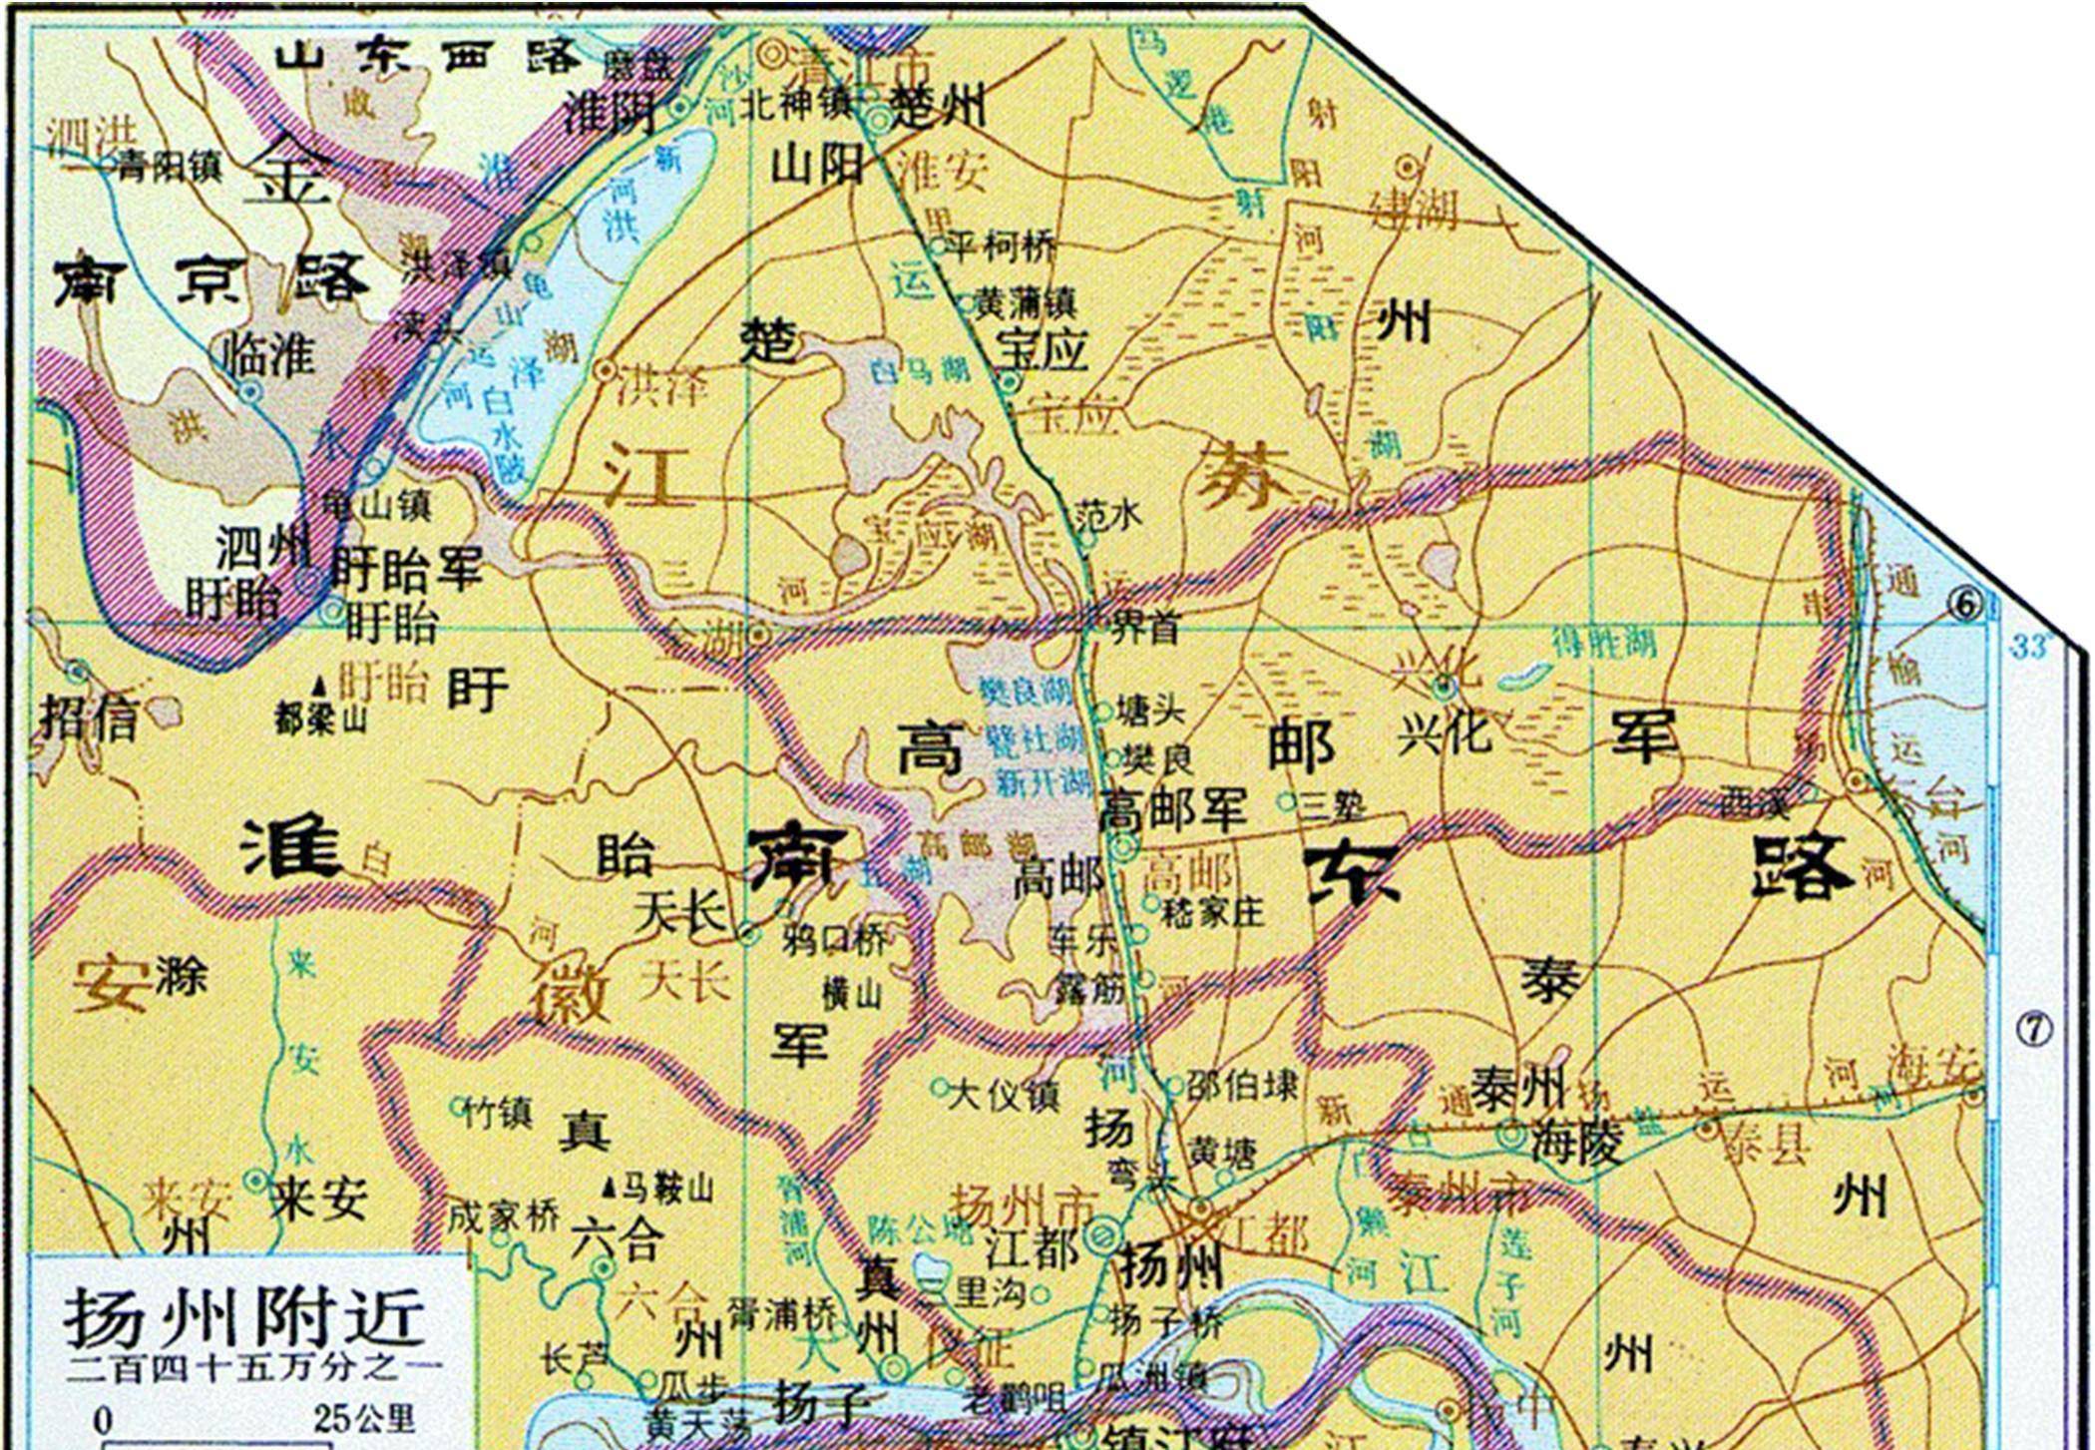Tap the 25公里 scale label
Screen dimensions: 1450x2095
[363, 1419]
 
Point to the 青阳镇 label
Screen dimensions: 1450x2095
[169, 167]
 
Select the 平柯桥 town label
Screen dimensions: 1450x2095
[1001, 245]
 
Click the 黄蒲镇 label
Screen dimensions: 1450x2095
[1025, 302]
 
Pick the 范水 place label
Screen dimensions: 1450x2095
[1108, 515]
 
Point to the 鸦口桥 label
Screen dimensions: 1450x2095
[834, 939]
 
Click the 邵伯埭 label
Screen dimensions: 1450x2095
[1242, 1085]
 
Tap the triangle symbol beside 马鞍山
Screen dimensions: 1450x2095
[610, 1189]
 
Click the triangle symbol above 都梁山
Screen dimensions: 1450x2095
[319, 686]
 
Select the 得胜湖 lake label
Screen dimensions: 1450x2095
[1603, 642]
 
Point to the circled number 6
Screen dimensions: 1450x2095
[1964, 605]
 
